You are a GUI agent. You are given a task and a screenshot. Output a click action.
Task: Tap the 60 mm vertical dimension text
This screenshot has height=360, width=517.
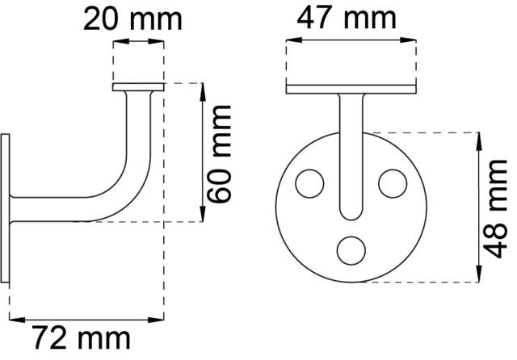pos(220,153)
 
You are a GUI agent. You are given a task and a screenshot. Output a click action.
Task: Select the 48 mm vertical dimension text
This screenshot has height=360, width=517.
pos(498,207)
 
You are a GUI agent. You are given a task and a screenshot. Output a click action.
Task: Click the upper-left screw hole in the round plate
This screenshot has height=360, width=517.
pos(308,183)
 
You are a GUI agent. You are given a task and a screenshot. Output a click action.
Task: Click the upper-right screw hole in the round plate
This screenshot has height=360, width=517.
pos(393,183)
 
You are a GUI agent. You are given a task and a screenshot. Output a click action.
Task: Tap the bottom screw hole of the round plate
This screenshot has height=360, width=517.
pos(351,249)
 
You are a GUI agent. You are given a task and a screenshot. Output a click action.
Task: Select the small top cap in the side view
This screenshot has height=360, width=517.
pos(138,86)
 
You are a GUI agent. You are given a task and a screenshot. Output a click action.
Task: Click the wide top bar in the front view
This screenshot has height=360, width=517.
pos(351,87)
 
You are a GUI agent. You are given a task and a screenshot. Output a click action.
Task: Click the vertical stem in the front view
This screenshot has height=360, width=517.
pos(351,145)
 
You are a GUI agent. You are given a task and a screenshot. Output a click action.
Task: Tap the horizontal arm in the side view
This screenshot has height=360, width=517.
pos(57,207)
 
